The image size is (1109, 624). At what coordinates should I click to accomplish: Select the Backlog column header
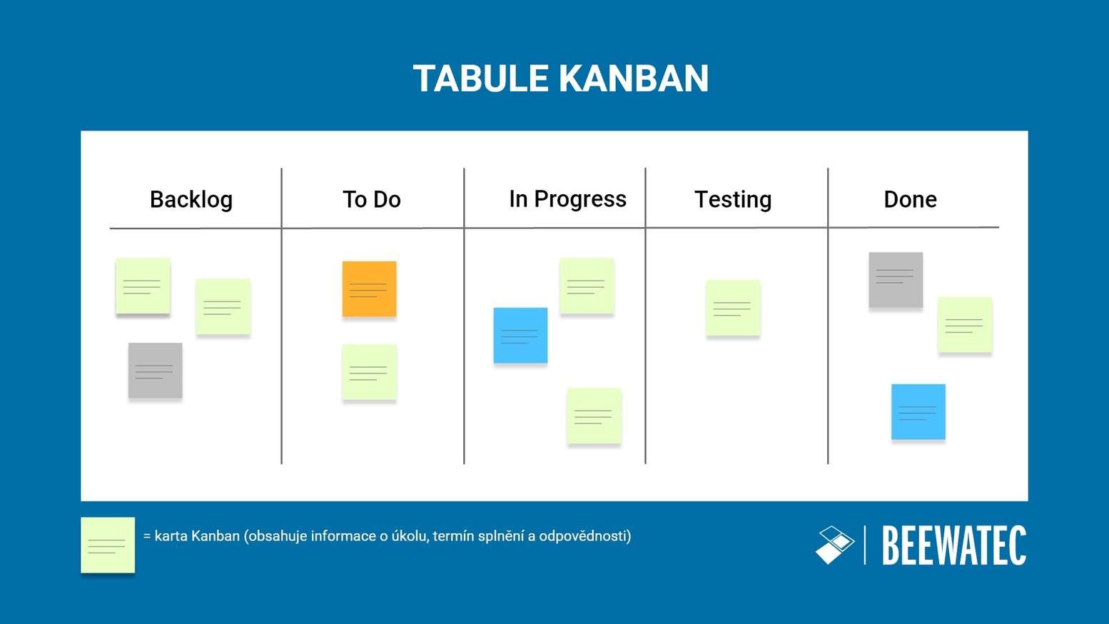(191, 199)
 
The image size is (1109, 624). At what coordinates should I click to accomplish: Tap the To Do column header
(372, 199)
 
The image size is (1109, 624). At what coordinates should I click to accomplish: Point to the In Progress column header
(567, 199)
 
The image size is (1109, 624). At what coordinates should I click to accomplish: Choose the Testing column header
(733, 199)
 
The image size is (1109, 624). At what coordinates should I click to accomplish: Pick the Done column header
(910, 199)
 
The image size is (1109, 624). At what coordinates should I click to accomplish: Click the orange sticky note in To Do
(369, 288)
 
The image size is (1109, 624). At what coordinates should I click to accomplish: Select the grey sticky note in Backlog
(155, 370)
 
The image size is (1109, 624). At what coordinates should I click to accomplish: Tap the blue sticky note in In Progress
(520, 335)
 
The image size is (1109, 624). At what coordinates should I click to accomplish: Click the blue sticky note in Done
(918, 411)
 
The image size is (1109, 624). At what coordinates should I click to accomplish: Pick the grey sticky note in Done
(896, 279)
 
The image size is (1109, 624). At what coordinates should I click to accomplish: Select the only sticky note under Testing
(733, 307)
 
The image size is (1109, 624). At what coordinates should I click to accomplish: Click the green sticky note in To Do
(369, 372)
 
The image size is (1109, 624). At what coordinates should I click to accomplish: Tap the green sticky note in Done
(964, 324)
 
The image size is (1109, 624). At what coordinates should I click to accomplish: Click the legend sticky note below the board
(108, 544)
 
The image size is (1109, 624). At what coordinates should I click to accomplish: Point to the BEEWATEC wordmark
(954, 545)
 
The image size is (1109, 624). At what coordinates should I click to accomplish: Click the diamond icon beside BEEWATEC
(834, 545)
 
